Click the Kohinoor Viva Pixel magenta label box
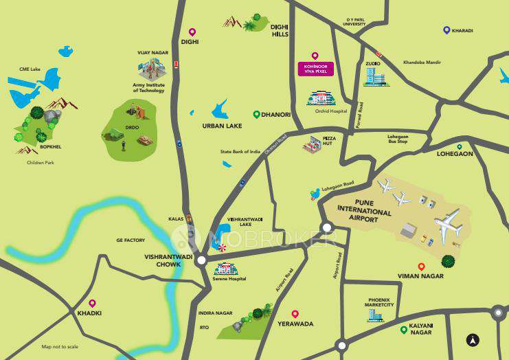coord(315,68)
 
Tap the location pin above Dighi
coord(192,32)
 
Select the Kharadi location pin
coord(446,30)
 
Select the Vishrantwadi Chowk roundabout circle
coord(201,260)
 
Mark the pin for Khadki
coord(92,303)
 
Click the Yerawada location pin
coord(295,313)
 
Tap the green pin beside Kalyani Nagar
coord(404,330)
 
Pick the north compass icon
coord(473,339)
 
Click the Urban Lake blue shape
coord(220,109)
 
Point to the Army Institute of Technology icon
coord(152,68)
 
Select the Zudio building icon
coord(375,77)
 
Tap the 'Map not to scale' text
coord(60,346)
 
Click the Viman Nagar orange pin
coord(421,266)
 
